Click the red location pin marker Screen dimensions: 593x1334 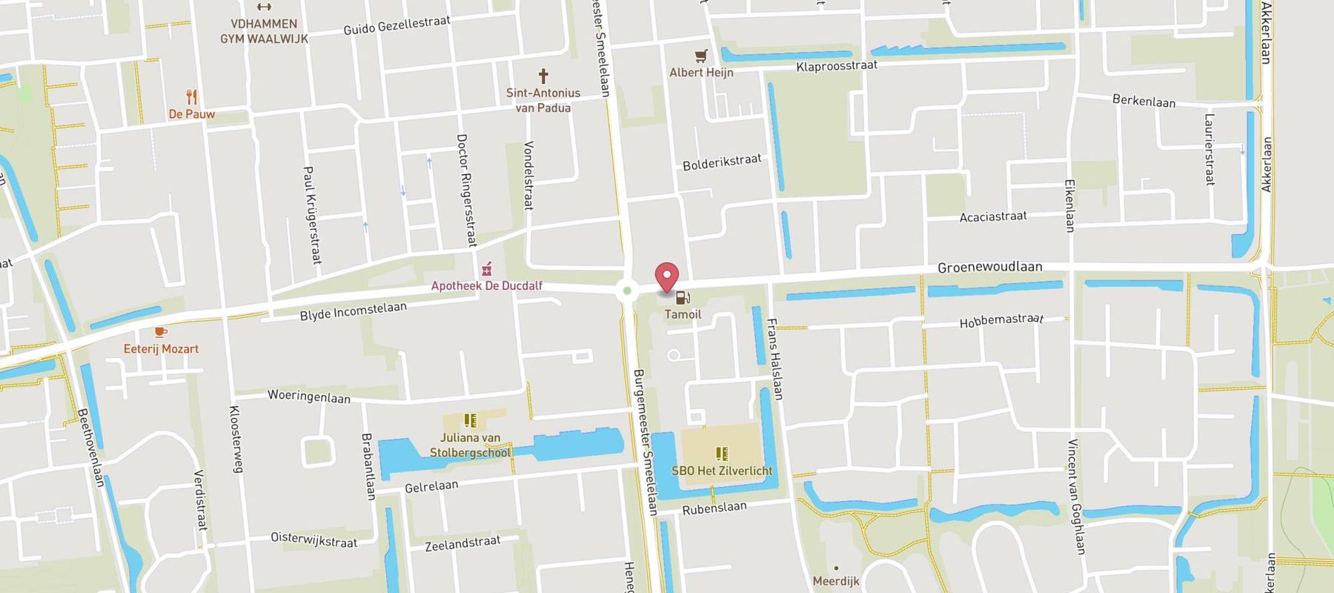[668, 276]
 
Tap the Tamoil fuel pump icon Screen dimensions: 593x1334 [683, 298]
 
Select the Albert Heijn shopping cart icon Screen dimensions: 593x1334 [701, 56]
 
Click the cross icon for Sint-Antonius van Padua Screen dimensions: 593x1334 [543, 76]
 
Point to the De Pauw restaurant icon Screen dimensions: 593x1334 [191, 96]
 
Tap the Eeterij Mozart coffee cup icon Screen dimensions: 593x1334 [160, 332]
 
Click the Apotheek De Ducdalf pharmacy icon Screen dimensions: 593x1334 [487, 268]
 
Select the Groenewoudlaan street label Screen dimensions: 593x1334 [989, 267]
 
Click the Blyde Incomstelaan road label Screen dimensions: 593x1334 [353, 311]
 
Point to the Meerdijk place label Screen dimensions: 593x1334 [836, 580]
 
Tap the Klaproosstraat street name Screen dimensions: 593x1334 [837, 66]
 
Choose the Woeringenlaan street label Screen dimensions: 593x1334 [308, 396]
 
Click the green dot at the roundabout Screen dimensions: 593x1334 [627, 291]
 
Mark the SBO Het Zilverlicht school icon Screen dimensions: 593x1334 [722, 453]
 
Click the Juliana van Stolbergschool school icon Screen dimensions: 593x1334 [470, 421]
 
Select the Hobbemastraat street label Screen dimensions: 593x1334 [1001, 320]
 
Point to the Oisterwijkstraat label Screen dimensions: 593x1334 [313, 539]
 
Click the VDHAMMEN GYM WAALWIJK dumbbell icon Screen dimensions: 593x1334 [263, 7]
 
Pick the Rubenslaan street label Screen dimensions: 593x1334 [714, 509]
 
